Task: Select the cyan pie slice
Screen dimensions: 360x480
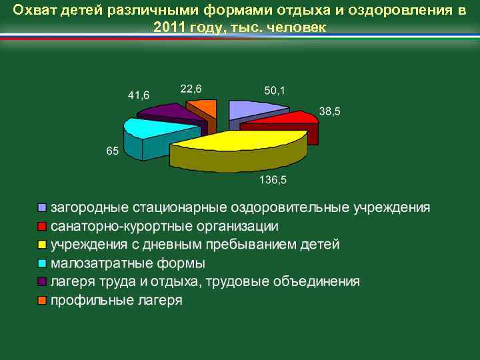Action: coord(150,129)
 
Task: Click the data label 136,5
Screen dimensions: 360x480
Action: coord(273,180)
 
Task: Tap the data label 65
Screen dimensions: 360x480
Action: coord(112,151)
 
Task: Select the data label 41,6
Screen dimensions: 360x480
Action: coord(139,95)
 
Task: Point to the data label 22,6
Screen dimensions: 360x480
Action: coord(191,89)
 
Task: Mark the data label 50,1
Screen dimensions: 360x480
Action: coord(274,91)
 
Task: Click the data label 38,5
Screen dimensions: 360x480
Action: coord(329,111)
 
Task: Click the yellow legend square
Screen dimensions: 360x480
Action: coord(43,245)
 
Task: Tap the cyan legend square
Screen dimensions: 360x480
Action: coord(43,263)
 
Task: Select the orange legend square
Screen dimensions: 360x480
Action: coord(43,301)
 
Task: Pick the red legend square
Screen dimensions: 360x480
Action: coord(43,226)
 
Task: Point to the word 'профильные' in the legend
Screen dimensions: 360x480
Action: coord(85,301)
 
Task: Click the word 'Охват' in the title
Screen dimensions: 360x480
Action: coord(35,11)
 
